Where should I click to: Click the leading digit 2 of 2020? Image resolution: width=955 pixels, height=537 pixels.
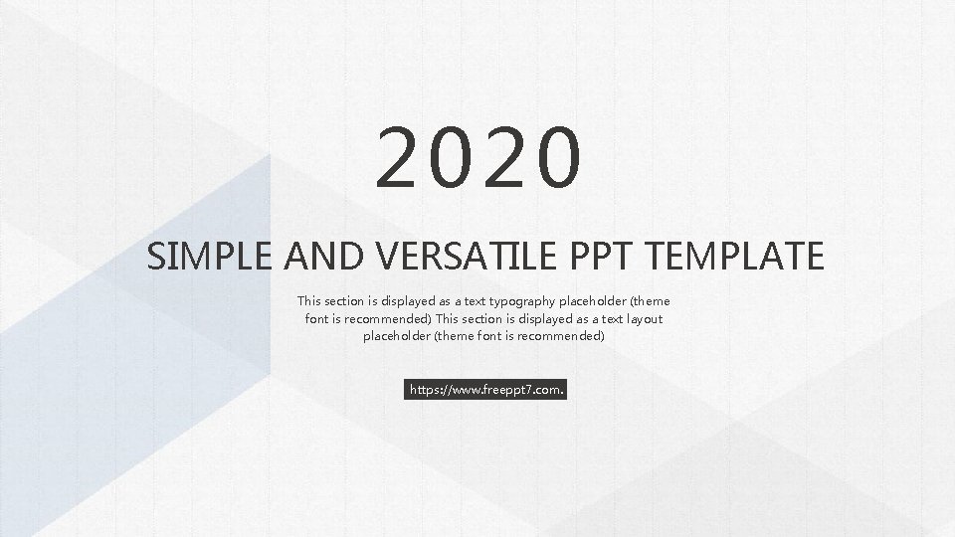(401, 157)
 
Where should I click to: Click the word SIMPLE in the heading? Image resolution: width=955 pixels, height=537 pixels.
(209, 257)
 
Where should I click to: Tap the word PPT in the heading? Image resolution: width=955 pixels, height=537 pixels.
(606, 257)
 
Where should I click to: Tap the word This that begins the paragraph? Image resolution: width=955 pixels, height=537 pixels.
(309, 300)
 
